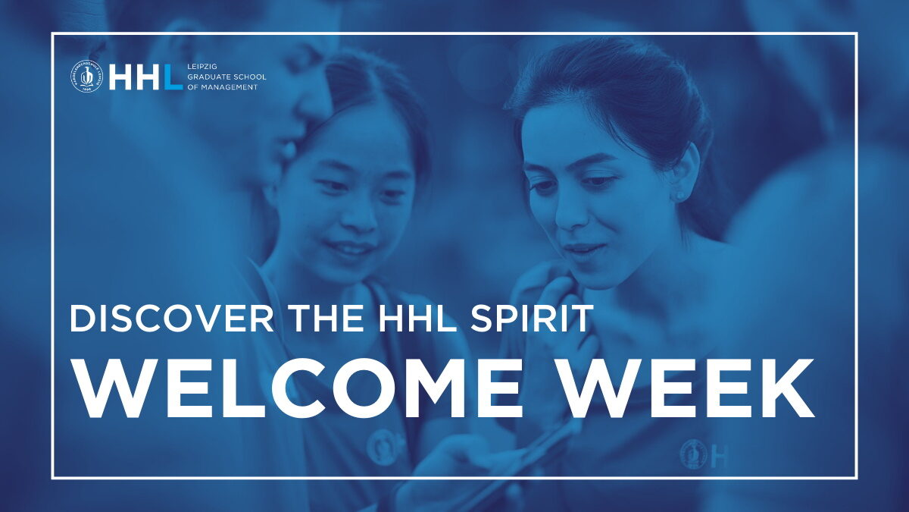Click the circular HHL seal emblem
(x=86, y=76)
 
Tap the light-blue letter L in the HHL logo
(x=173, y=77)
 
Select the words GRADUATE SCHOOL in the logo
(x=226, y=77)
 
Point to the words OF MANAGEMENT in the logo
(x=223, y=87)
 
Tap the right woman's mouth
(x=581, y=249)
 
